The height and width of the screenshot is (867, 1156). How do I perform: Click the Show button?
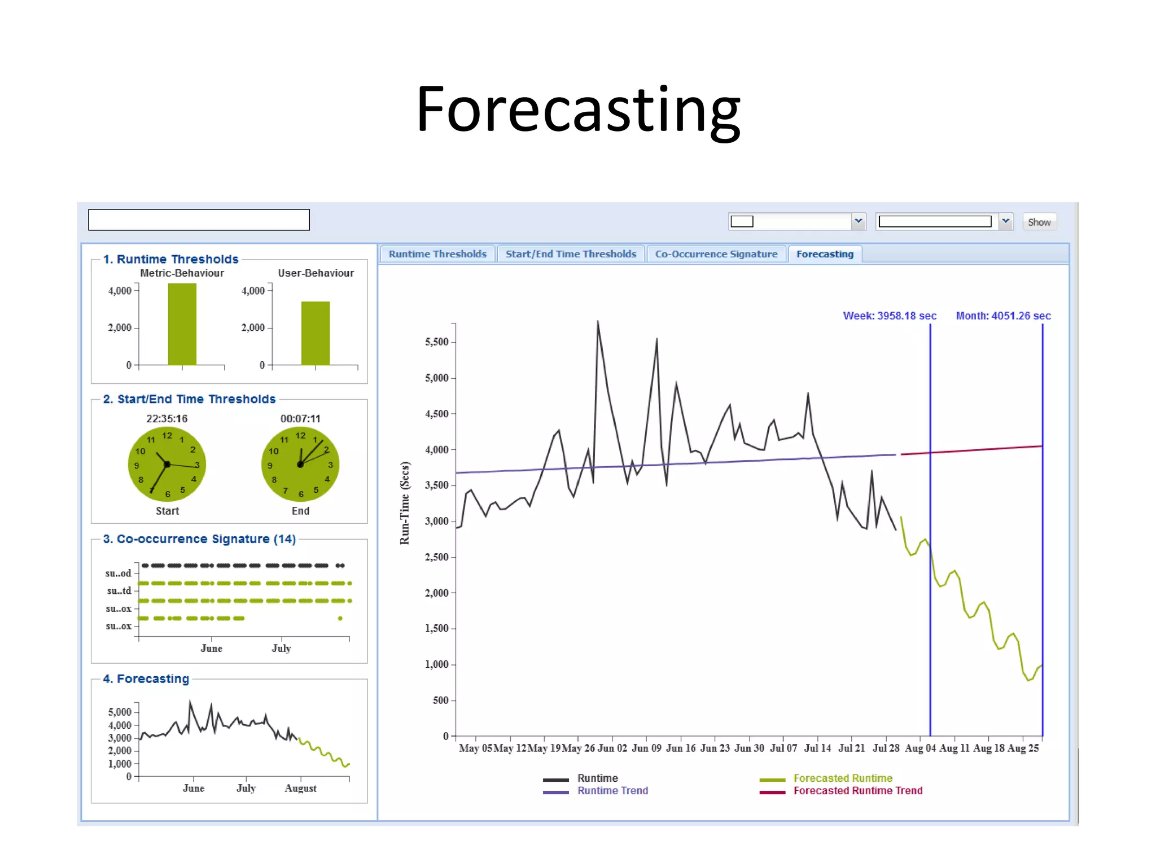pyautogui.click(x=1039, y=222)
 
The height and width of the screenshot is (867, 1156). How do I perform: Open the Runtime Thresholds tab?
pyautogui.click(x=437, y=254)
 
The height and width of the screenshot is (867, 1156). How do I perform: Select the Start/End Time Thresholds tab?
pyautogui.click(x=570, y=254)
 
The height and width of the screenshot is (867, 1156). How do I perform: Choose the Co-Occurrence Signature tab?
pyautogui.click(x=716, y=254)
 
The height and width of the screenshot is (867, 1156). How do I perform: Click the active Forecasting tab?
pyautogui.click(x=824, y=254)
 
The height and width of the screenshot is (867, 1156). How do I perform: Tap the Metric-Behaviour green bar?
pyautogui.click(x=182, y=325)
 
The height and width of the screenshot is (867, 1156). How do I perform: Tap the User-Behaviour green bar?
pyautogui.click(x=315, y=334)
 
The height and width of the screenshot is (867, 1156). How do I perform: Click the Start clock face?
pyautogui.click(x=167, y=464)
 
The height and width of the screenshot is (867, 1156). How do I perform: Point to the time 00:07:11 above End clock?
pyautogui.click(x=300, y=419)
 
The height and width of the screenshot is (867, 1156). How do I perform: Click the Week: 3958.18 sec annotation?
pyautogui.click(x=889, y=316)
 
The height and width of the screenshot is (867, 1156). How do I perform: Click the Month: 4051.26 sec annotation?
pyautogui.click(x=1003, y=316)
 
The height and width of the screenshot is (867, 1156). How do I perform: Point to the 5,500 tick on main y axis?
pyautogui.click(x=436, y=342)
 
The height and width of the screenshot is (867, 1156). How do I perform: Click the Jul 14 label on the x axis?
pyautogui.click(x=817, y=748)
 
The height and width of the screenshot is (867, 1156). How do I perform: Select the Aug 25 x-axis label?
pyautogui.click(x=1023, y=748)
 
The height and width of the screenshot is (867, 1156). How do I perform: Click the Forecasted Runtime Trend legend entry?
pyautogui.click(x=857, y=791)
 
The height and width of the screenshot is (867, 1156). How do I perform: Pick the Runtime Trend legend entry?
pyautogui.click(x=612, y=791)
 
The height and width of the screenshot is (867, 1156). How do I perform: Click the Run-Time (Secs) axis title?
pyautogui.click(x=405, y=503)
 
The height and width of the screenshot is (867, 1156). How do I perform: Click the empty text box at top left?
pyautogui.click(x=199, y=220)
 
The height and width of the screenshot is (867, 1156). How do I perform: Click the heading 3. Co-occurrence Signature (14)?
pyautogui.click(x=199, y=539)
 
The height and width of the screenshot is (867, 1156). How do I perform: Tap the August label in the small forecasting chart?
pyautogui.click(x=300, y=788)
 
